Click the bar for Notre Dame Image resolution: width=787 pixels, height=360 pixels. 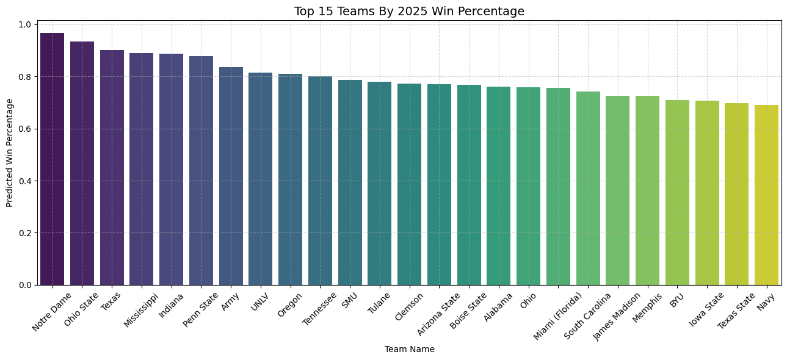[x=52, y=159]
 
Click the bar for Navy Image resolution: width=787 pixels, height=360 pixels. [x=766, y=195]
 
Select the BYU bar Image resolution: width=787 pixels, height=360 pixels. [x=677, y=192]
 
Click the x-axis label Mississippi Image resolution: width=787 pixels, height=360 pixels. [x=141, y=311]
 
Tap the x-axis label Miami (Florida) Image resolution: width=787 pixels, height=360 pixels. [x=564, y=315]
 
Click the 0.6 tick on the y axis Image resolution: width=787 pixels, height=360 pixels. [x=24, y=129]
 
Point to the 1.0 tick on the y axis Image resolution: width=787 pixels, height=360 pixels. [x=24, y=24]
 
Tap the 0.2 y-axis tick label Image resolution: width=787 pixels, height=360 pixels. [x=24, y=233]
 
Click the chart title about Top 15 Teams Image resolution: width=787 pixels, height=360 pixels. [x=409, y=11]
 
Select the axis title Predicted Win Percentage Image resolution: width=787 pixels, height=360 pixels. [x=10, y=153]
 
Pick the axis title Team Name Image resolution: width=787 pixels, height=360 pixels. [x=409, y=349]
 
